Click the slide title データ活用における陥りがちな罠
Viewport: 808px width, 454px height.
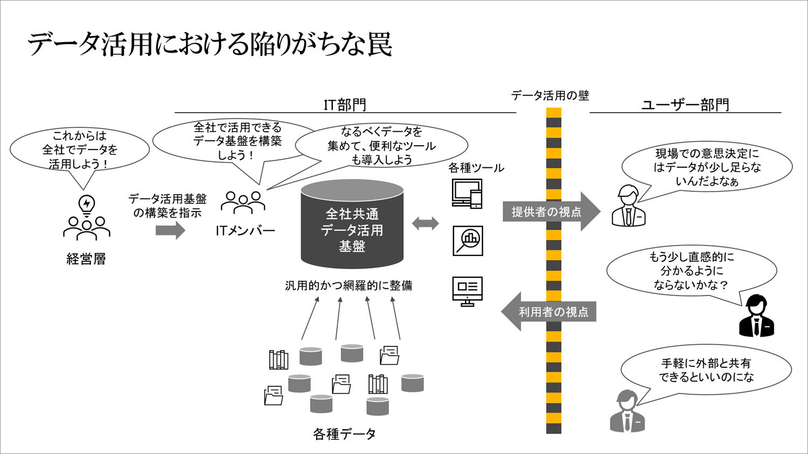coord(210,44)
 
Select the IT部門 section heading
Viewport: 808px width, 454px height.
coord(345,104)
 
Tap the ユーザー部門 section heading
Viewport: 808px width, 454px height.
coord(685,104)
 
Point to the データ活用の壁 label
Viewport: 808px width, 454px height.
coord(550,96)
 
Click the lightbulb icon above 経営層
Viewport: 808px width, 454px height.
coord(87,205)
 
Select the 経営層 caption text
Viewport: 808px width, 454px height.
coord(86,259)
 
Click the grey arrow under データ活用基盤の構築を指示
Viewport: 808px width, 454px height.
coord(170,231)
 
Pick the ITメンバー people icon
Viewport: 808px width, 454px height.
coord(243,203)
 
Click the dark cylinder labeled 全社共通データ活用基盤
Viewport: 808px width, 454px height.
coord(352,226)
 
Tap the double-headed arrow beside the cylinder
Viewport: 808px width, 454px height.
coord(426,223)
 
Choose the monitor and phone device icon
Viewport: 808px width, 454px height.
coord(467,193)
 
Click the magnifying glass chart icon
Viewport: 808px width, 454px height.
coord(468,240)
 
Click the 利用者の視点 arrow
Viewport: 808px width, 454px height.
coord(549,311)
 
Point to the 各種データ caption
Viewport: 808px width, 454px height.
coord(345,434)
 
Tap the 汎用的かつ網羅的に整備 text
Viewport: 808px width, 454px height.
coord(349,286)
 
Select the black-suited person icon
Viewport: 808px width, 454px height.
coord(756,317)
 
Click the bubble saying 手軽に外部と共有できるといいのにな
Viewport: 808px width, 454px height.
coord(706,370)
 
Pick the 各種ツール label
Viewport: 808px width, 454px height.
coord(476,168)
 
